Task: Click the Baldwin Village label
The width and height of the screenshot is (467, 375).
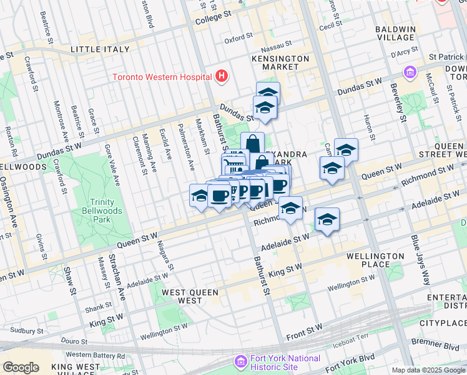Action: pos(395,34)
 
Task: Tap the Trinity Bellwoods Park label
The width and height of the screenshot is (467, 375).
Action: pos(92,210)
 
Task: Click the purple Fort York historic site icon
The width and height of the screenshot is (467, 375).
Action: pos(240,362)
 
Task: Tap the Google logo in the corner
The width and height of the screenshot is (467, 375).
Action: pos(21,367)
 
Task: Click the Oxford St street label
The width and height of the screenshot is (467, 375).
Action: pos(238,41)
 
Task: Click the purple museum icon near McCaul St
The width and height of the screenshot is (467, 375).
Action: pos(410,73)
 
